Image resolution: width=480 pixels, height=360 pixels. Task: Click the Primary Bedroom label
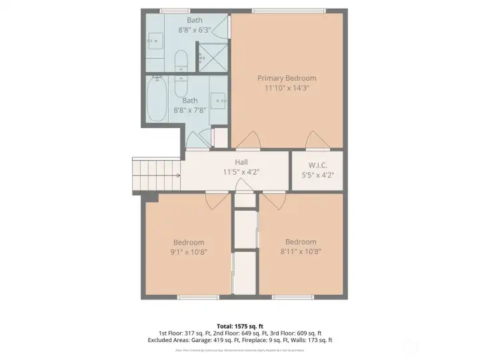287,78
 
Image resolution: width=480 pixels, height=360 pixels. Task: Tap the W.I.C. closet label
317,165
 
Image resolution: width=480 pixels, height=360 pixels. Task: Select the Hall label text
241,162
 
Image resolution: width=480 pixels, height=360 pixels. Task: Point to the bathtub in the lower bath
157,99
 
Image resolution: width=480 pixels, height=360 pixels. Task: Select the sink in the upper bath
155,41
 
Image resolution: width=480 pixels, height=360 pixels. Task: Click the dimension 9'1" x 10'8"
189,252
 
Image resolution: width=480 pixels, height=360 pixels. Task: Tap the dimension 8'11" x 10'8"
301,252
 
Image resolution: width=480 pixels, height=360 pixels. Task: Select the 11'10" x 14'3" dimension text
287,88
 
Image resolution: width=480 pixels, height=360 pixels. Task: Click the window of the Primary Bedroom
288,11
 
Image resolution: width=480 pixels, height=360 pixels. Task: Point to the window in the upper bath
175,11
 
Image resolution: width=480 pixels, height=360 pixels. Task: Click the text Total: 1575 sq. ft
239,325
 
